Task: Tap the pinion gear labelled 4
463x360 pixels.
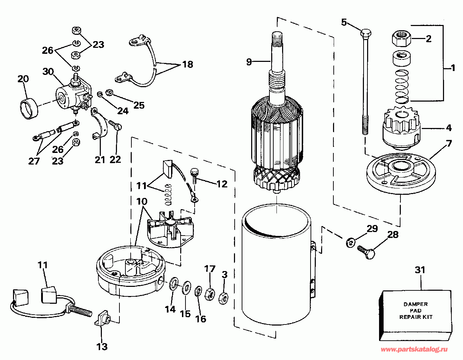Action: (x=402, y=128)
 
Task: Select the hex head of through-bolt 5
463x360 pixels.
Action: (x=366, y=33)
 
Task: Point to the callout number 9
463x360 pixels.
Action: (x=249, y=62)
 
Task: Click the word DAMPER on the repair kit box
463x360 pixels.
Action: (x=416, y=304)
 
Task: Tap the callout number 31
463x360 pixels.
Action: (x=420, y=270)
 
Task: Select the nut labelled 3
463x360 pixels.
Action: (x=223, y=298)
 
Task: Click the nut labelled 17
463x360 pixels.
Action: (x=210, y=294)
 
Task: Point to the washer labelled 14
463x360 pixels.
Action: (x=174, y=283)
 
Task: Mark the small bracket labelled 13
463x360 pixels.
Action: (x=103, y=319)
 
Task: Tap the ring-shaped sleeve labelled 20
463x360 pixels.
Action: (x=29, y=109)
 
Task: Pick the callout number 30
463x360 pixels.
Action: (x=48, y=71)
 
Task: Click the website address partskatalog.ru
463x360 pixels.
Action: (x=414, y=349)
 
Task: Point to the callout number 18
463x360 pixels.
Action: (x=188, y=64)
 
